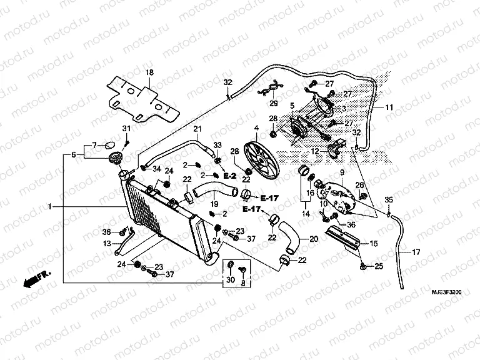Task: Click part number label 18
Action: (149, 72)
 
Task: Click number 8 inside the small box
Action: (242, 283)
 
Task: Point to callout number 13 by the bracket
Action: (107, 243)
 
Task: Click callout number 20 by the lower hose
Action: (314, 239)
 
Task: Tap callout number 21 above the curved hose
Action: (197, 129)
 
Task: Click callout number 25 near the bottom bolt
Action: (377, 267)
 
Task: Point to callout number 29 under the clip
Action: (273, 103)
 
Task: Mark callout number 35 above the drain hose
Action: (388, 200)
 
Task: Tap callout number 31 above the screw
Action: (126, 128)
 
